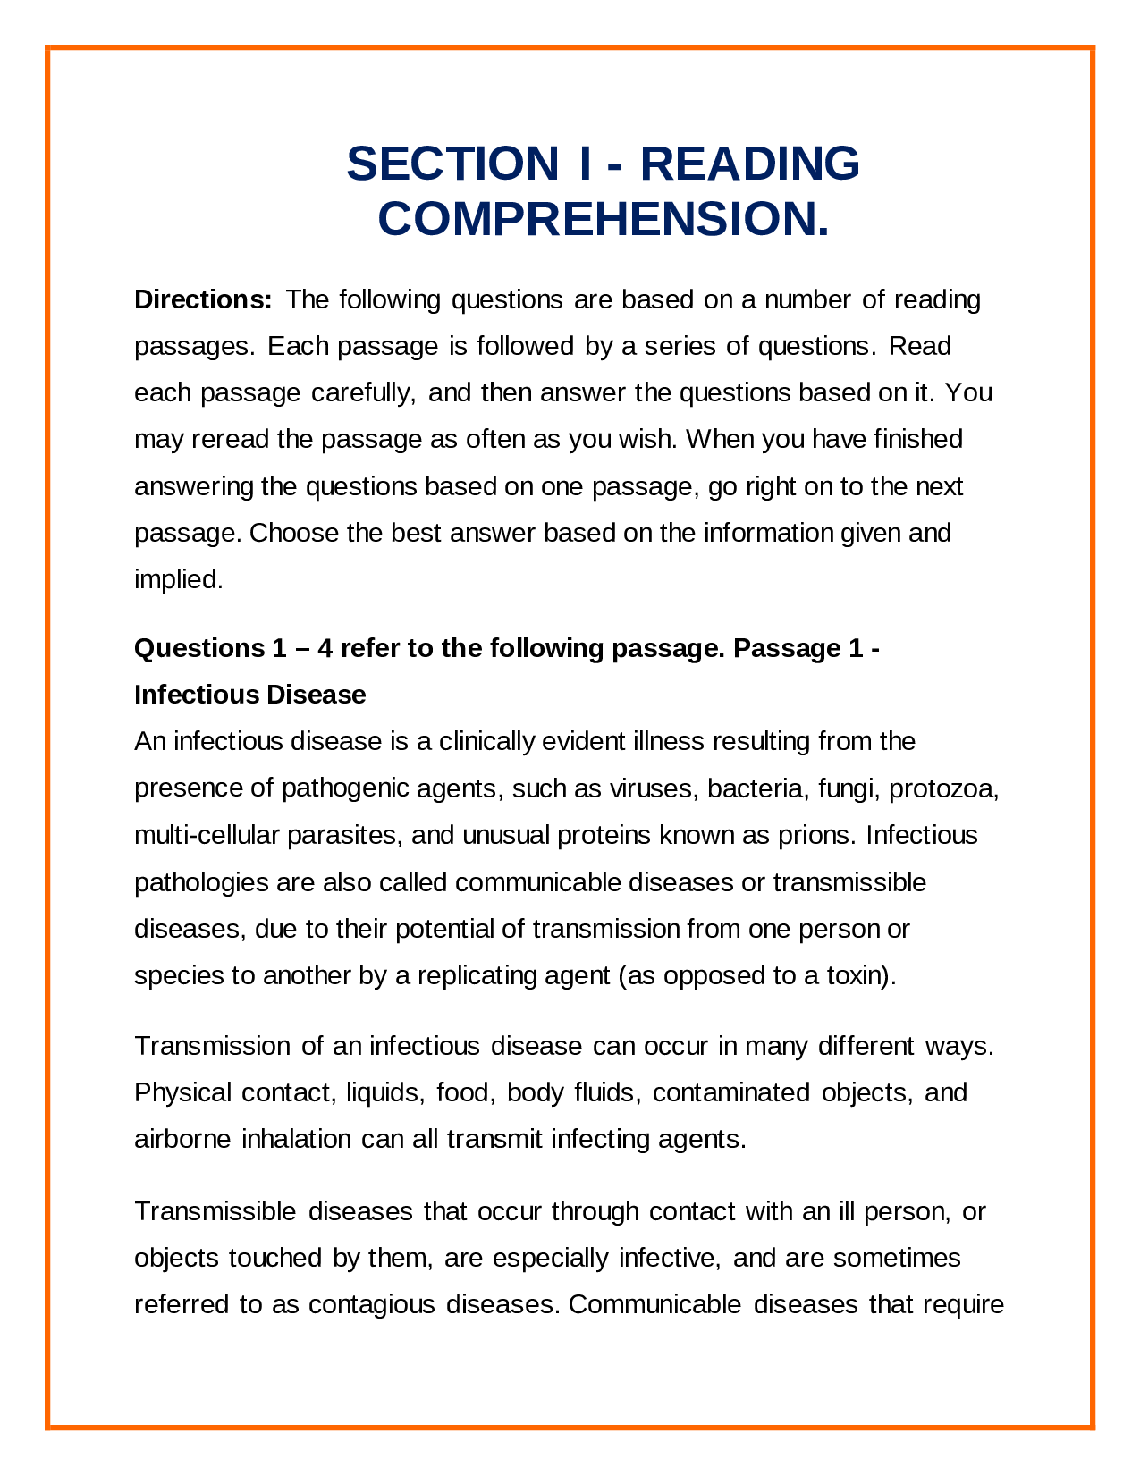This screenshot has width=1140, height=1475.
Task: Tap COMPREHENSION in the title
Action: point(604,219)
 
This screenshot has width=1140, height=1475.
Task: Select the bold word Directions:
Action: point(203,299)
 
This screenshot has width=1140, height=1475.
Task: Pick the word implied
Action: point(178,580)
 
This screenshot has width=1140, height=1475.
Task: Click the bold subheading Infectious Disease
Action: point(249,695)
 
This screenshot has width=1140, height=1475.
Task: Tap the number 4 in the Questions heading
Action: point(325,648)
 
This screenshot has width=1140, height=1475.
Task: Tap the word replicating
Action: point(476,975)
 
